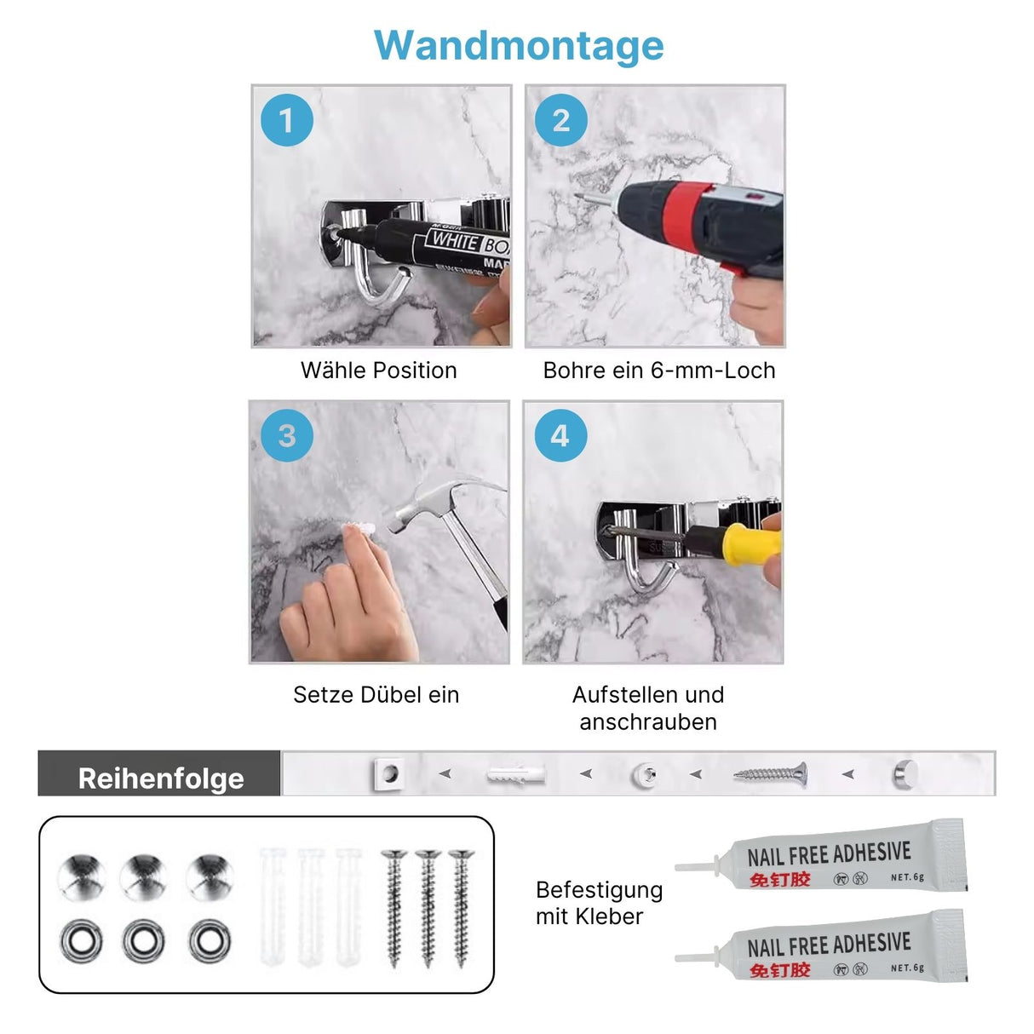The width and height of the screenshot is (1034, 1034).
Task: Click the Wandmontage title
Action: pos(519,45)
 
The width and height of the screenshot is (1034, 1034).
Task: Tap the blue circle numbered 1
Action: pos(287,120)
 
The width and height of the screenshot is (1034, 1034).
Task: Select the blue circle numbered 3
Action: pos(287,436)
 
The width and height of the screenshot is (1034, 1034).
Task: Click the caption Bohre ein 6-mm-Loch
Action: pos(658,371)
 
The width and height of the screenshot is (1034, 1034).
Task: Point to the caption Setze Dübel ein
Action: pos(376,695)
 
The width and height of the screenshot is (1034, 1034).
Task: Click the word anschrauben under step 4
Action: pos(648,722)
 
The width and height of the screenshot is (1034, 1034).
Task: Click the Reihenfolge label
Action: pos(160,778)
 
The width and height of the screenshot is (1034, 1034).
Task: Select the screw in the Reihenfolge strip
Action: pos(770,774)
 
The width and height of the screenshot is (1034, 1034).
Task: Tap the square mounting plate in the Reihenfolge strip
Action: pos(388,774)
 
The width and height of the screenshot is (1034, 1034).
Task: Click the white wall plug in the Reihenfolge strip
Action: pos(515,775)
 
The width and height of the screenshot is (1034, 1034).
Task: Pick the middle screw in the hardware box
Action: pos(428,907)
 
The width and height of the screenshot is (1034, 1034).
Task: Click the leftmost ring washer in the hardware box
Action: pos(81,942)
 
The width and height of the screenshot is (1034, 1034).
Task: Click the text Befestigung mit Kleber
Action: pos(599,903)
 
